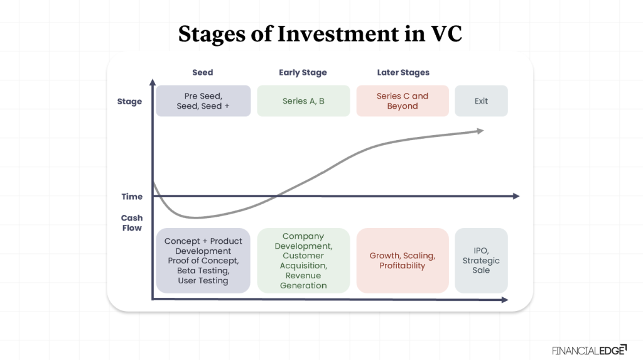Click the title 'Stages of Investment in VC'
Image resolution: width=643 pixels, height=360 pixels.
click(x=320, y=34)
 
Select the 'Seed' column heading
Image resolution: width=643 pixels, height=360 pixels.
click(x=203, y=73)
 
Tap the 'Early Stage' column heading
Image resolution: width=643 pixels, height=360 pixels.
click(x=303, y=73)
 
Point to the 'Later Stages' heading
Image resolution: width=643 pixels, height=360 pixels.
click(x=403, y=73)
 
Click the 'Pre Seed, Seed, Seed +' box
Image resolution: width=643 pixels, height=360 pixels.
click(x=203, y=101)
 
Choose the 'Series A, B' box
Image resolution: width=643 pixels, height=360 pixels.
click(x=303, y=101)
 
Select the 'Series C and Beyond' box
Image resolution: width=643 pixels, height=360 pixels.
click(x=403, y=101)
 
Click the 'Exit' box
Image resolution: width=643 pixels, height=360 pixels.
click(x=481, y=101)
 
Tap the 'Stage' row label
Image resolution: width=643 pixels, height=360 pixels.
click(x=129, y=102)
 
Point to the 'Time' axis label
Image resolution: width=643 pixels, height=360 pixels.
click(x=132, y=197)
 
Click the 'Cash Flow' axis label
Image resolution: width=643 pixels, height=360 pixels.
click(x=132, y=223)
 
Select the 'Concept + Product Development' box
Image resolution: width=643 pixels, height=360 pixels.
click(x=203, y=261)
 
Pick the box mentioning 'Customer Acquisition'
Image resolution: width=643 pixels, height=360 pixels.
click(x=303, y=261)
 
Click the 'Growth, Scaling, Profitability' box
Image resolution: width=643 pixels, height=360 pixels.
click(x=403, y=261)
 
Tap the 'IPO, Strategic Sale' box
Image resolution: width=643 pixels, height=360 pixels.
click(x=481, y=261)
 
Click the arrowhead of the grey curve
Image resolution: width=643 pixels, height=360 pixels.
click(x=480, y=131)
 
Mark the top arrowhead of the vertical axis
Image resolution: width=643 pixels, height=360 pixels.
click(x=153, y=82)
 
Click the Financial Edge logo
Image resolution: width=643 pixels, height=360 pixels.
click(x=588, y=350)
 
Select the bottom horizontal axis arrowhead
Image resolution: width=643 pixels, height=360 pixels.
click(x=504, y=300)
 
